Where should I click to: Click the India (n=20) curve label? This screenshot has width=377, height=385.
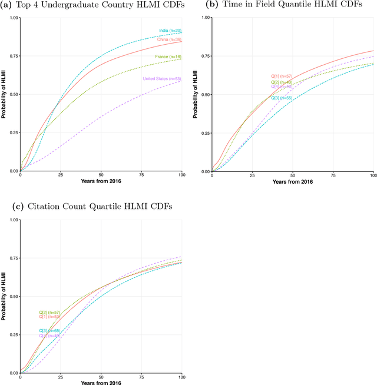[170, 31]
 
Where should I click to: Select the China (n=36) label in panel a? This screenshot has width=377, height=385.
[168, 39]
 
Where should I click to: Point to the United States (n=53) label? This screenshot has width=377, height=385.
[161, 79]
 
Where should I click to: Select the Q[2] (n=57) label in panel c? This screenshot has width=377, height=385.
[49, 312]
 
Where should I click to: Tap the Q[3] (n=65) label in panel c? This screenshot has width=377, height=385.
[49, 331]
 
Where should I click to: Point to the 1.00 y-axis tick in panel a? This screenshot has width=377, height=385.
[12, 17]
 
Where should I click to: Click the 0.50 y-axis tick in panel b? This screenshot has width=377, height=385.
[204, 94]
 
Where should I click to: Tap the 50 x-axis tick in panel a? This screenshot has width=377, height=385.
[101, 175]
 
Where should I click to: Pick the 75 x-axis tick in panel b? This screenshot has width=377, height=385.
[333, 175]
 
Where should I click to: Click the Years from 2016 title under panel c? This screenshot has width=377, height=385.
[101, 383]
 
